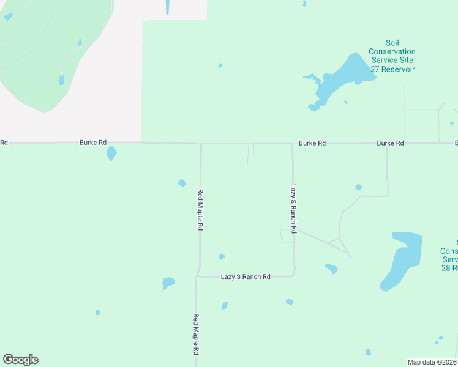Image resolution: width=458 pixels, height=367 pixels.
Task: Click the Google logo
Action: pos(20,360)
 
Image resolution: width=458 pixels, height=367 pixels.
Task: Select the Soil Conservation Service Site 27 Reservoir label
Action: pos(392,56)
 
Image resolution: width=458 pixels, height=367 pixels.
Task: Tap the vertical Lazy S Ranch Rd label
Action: pos(293,209)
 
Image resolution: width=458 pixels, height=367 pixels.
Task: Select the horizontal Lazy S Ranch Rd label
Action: pos(245,277)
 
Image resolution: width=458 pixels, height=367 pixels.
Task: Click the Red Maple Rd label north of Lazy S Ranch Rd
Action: pos(200,209)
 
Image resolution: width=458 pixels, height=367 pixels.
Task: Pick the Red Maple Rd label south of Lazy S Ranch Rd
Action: pos(196,335)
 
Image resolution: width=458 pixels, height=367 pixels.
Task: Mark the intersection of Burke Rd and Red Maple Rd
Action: pos(201,144)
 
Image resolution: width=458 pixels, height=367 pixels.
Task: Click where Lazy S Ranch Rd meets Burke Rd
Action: pos(292,144)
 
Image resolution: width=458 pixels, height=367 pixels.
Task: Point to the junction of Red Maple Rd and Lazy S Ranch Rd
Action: pos(197,277)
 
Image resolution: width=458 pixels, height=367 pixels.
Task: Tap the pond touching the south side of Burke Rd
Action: pos(111,153)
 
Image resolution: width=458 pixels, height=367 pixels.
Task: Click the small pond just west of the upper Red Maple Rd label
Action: pos(182,183)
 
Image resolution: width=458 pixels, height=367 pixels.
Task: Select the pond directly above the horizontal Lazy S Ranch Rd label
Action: pos(222,257)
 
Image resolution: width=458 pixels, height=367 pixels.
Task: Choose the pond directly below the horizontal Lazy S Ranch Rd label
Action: pos(225,305)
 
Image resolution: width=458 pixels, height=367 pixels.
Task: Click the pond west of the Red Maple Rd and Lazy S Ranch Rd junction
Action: pos(168,283)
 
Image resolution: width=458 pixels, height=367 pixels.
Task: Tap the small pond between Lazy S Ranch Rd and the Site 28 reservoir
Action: pos(331,269)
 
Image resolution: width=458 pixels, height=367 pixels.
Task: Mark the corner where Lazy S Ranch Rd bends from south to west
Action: pos(294,275)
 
